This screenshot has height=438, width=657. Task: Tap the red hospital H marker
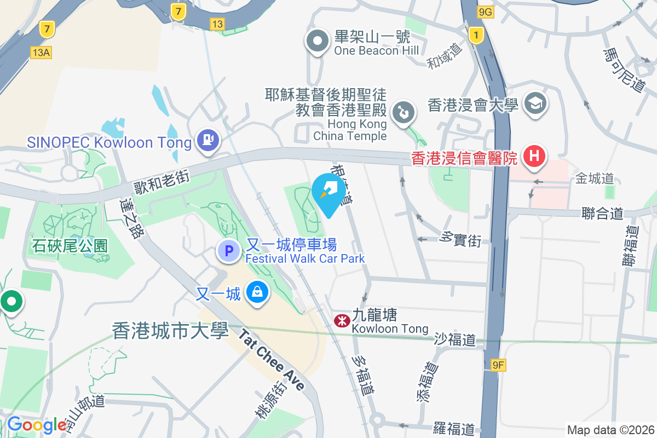click(x=534, y=156)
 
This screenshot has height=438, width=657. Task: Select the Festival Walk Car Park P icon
click(x=229, y=251)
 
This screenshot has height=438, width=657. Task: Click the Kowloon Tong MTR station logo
click(x=342, y=321)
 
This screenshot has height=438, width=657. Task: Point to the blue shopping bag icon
click(x=256, y=292)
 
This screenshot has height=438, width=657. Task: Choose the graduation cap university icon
click(x=534, y=103)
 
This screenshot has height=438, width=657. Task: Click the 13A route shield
click(x=41, y=52)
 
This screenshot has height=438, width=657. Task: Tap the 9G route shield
click(x=485, y=12)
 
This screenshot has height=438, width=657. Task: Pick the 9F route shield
click(x=497, y=364)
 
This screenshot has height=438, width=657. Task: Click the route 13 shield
click(x=217, y=24)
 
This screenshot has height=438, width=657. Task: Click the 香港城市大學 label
click(x=170, y=331)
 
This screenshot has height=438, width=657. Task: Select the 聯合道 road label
click(x=602, y=213)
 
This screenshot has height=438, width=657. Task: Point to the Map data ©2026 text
click(x=610, y=430)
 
